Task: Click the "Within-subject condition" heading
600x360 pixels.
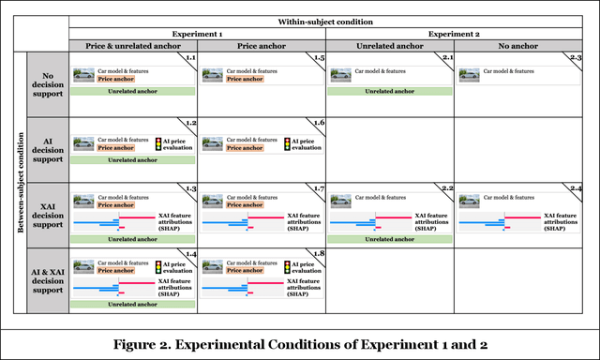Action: click(325, 20)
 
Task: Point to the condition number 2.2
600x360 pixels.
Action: click(445, 189)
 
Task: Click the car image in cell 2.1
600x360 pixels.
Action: click(341, 72)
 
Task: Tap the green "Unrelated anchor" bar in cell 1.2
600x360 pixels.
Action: click(132, 159)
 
